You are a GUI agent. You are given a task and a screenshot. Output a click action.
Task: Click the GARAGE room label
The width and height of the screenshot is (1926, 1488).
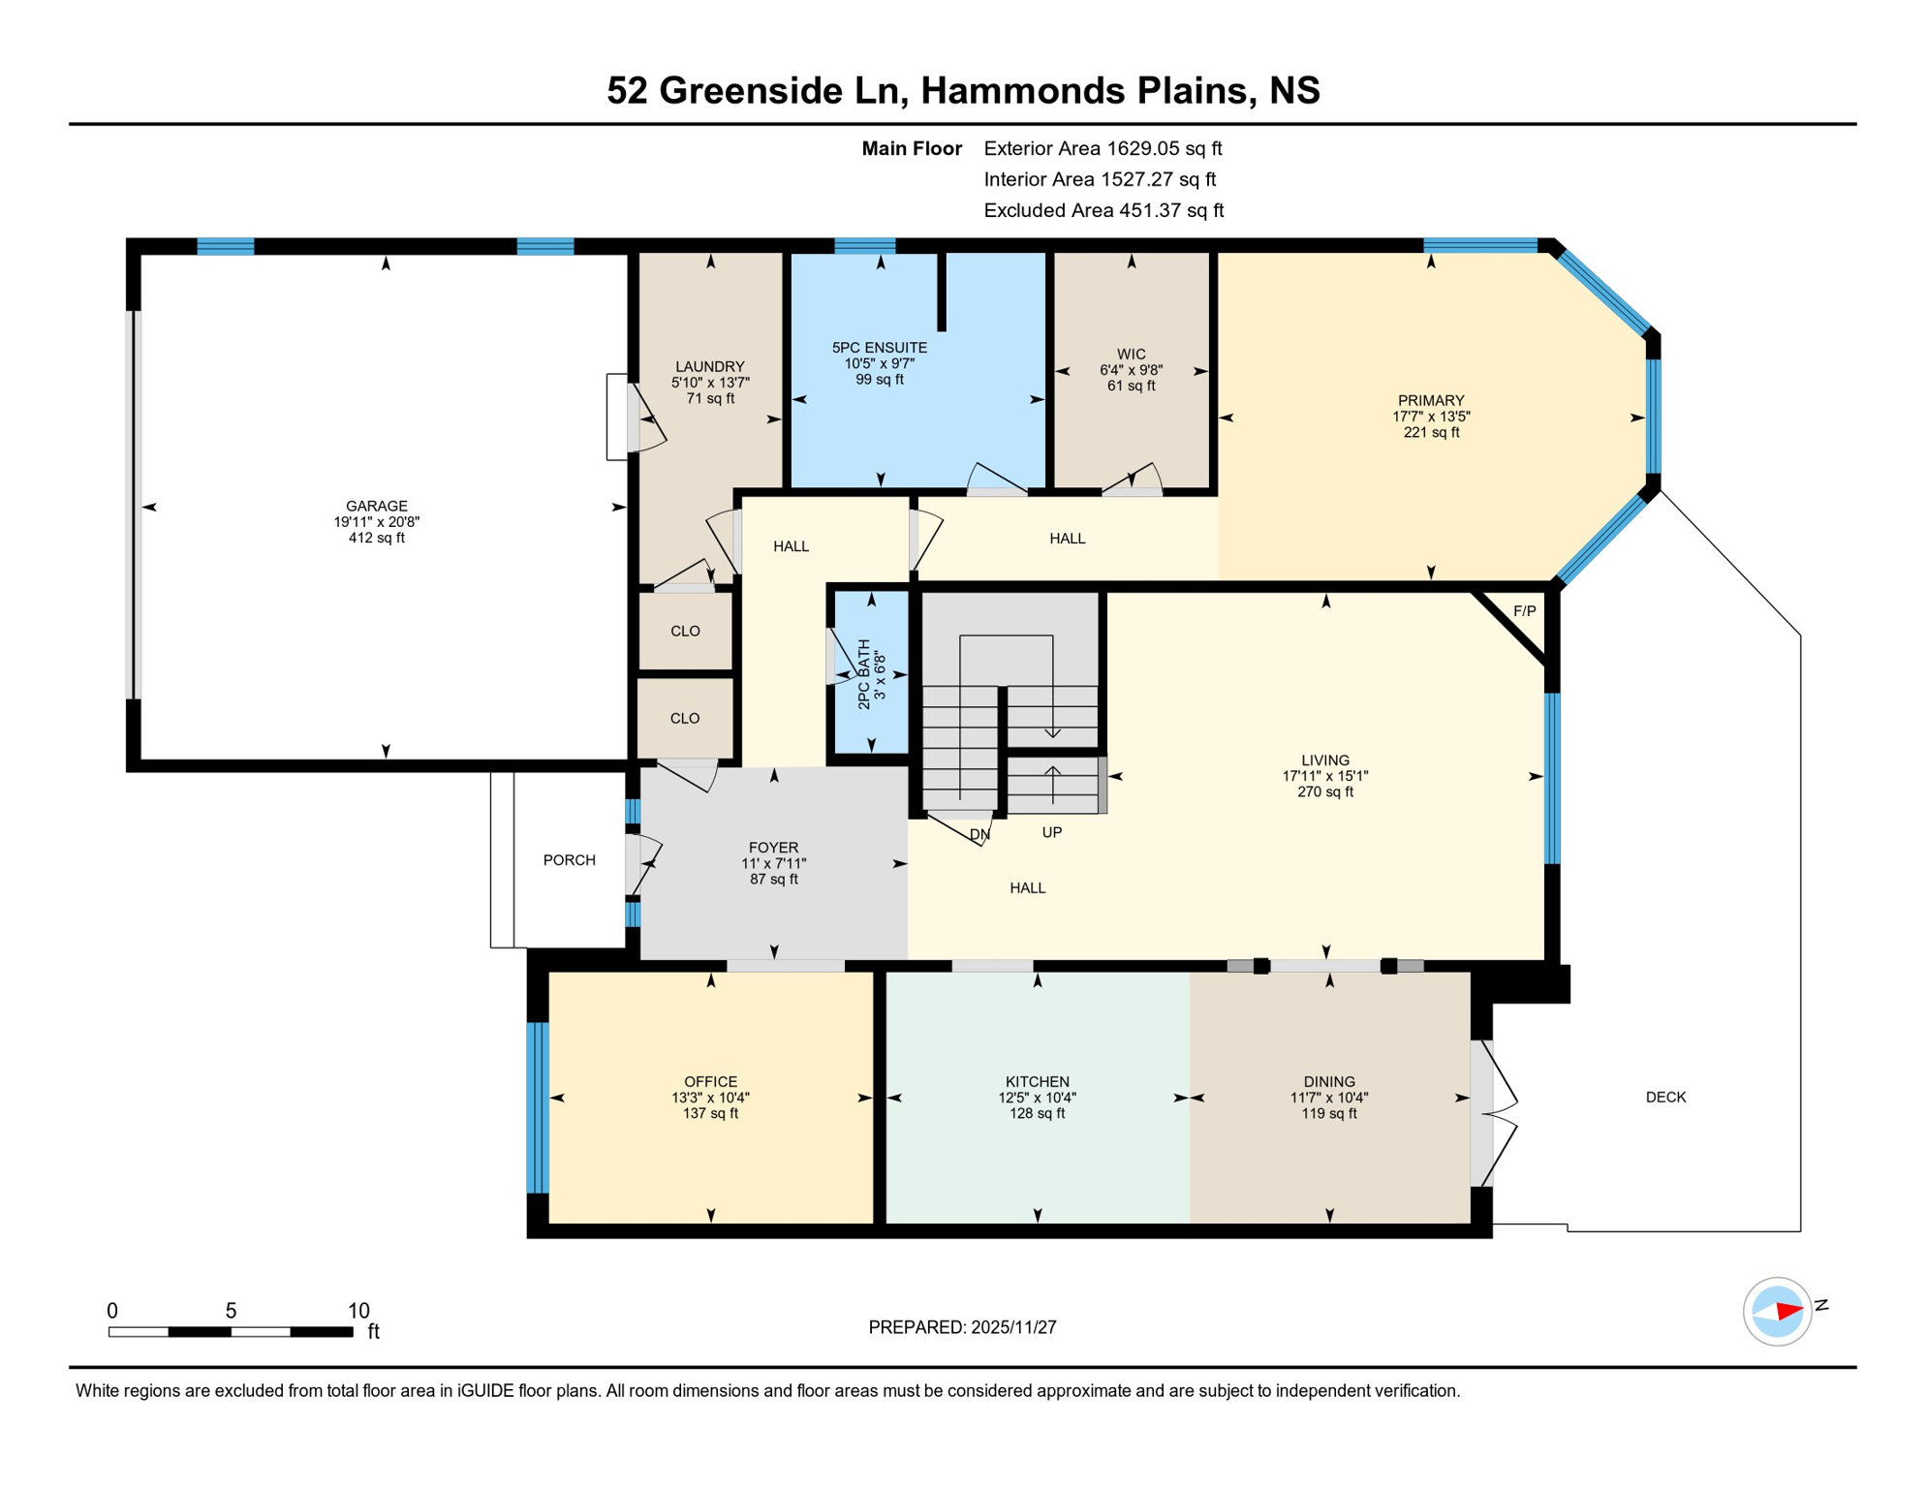coord(376,506)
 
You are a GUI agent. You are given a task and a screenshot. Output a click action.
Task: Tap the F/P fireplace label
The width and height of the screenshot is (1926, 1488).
coord(1524,611)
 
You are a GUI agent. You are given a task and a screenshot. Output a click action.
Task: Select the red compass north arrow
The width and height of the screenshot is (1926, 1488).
coord(1787,1312)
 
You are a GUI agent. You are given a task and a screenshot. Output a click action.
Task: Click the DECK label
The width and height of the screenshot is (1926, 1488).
coord(1665,1098)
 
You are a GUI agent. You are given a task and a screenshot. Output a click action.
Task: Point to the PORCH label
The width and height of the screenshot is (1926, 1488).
coord(569,860)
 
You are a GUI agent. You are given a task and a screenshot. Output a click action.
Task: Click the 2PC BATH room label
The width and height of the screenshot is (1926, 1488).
coord(864,674)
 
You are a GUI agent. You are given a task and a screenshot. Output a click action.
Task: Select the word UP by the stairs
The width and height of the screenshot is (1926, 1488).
coord(1051,832)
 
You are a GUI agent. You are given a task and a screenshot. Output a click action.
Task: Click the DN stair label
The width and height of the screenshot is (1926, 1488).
coord(979,834)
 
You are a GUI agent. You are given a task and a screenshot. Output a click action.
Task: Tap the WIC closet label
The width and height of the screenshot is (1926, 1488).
coord(1131,355)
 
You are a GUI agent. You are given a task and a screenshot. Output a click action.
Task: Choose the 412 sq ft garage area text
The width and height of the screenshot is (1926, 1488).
coord(376,538)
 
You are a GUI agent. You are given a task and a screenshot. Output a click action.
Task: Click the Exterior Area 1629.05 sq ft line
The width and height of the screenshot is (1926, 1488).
coord(1103,148)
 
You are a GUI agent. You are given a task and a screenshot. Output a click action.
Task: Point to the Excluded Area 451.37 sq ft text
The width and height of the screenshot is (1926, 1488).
coord(1103,210)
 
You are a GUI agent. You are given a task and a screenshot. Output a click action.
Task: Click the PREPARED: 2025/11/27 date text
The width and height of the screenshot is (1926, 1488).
coord(962,1327)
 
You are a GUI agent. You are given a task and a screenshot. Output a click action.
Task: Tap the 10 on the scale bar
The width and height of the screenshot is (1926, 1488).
coord(358,1311)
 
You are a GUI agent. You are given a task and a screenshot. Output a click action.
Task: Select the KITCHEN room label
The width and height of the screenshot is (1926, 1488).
coord(1037,1082)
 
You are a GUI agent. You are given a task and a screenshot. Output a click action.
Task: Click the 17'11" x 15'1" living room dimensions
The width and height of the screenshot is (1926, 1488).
coord(1324,776)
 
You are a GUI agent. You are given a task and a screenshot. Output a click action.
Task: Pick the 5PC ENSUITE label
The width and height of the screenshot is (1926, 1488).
coord(879,348)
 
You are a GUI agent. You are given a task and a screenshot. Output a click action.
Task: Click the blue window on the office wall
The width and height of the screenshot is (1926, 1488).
coord(538,1107)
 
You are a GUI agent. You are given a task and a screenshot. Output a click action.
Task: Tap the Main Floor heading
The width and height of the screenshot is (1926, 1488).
coord(912,148)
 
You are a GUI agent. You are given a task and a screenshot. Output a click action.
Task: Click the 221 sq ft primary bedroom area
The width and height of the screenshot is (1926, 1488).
coord(1431,432)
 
